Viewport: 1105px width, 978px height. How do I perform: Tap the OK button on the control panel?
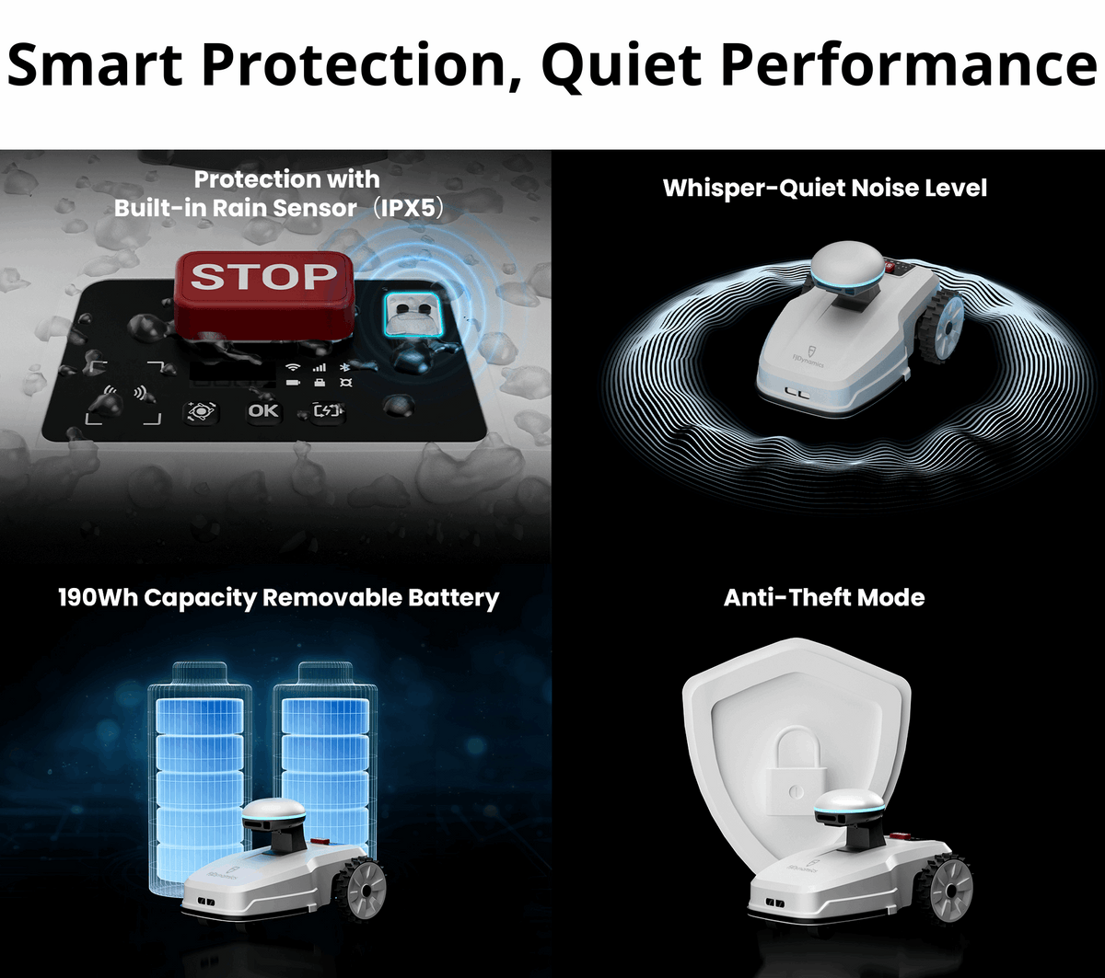click(x=263, y=410)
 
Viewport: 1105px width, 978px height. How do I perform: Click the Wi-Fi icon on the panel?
click(x=293, y=366)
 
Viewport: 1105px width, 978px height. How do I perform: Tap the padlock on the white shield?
click(x=787, y=769)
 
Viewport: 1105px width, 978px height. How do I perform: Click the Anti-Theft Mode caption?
click(x=824, y=598)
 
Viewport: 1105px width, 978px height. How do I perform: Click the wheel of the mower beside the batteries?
click(x=362, y=891)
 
